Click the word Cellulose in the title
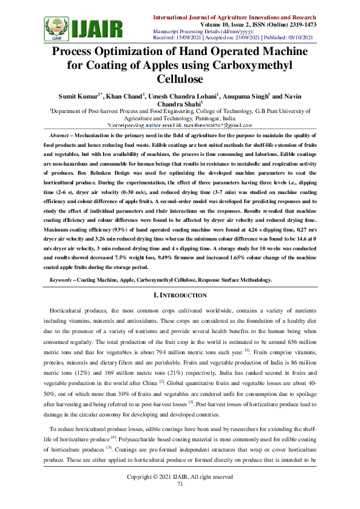tap(180, 79)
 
